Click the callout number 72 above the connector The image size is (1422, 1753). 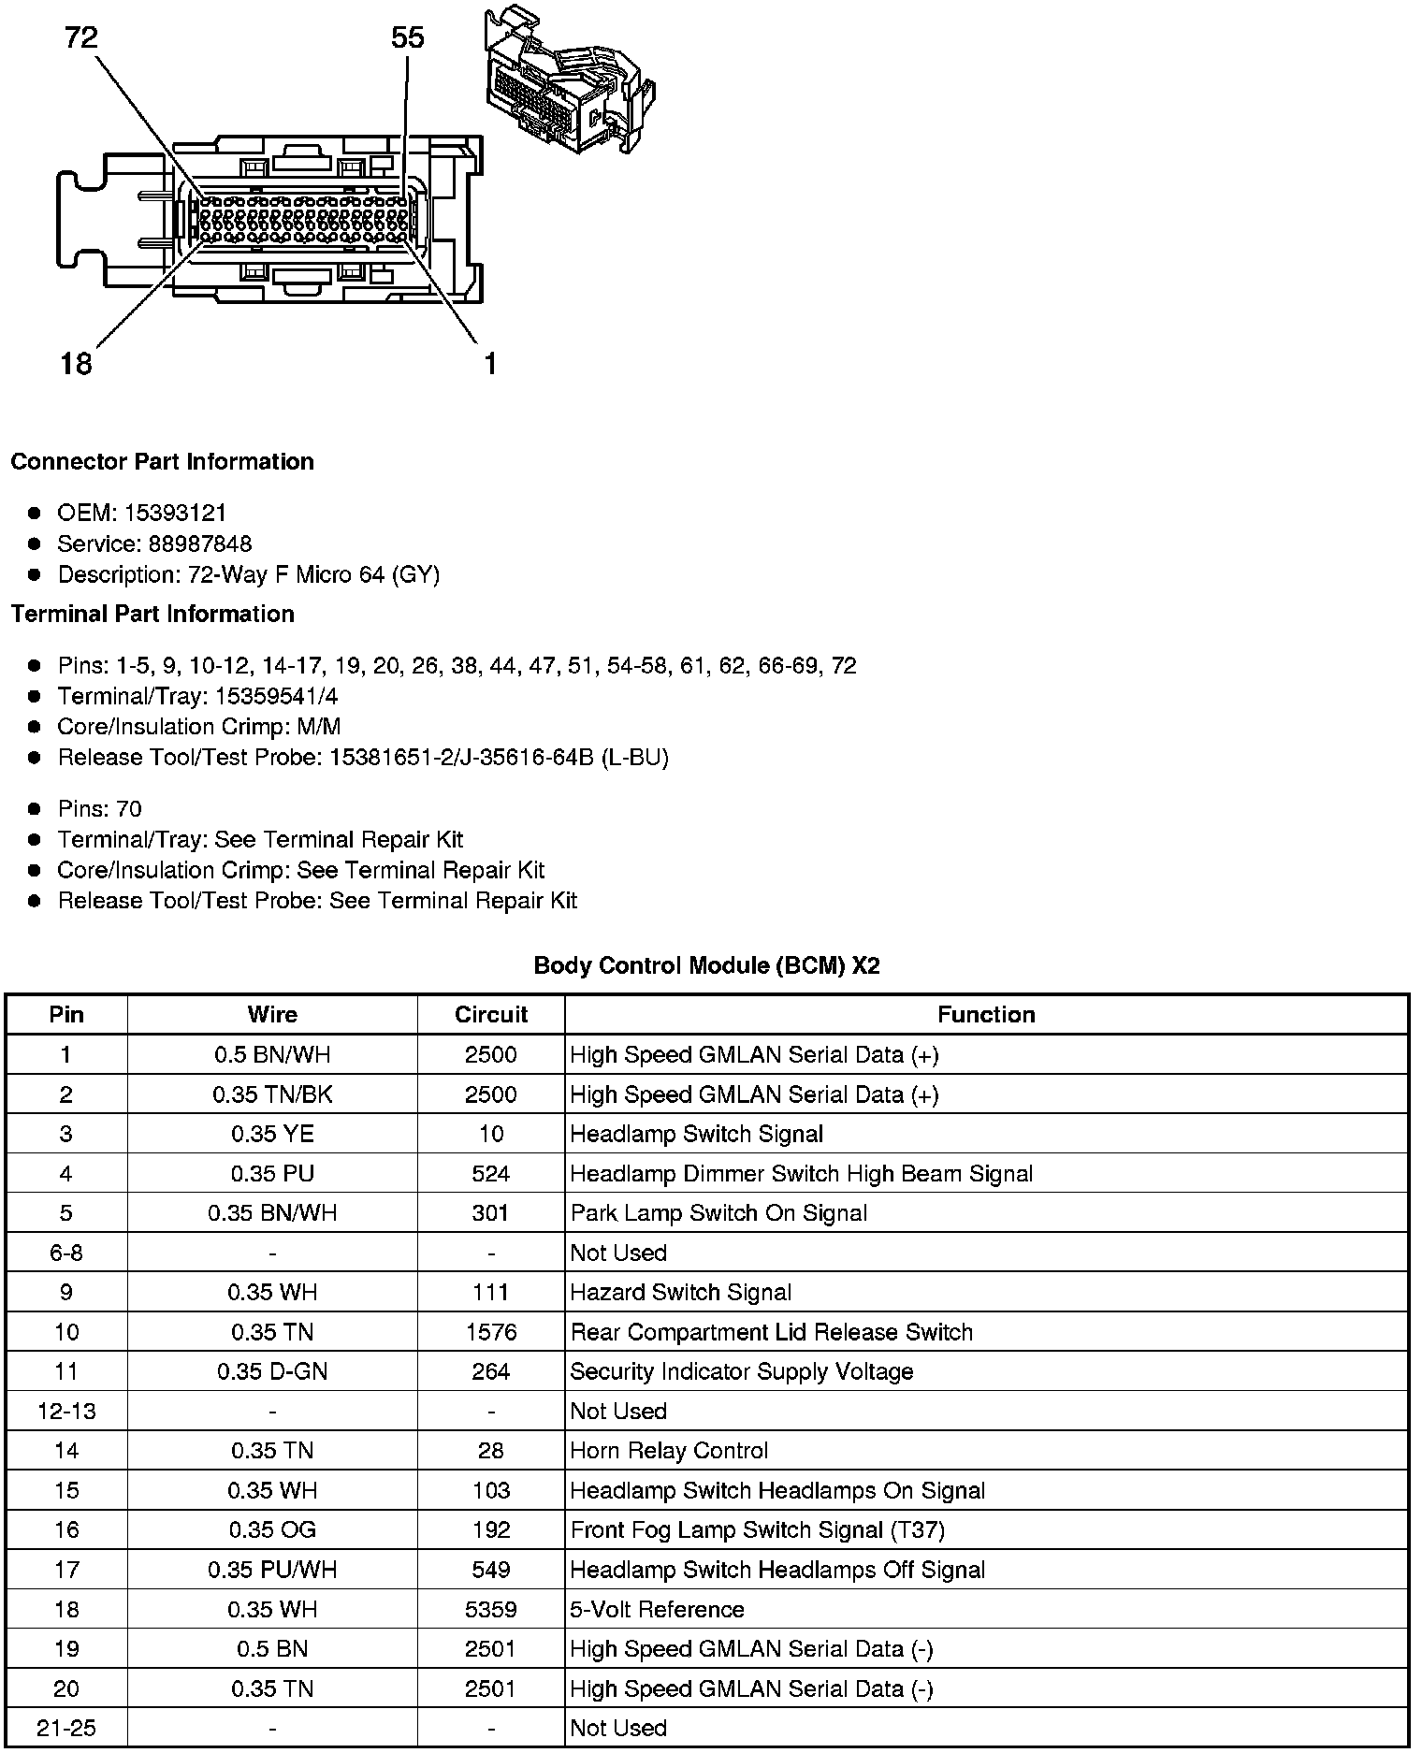(x=81, y=37)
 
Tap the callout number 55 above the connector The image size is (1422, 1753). (x=407, y=37)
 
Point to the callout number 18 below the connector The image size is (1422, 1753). (x=76, y=363)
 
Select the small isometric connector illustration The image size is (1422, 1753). (x=568, y=82)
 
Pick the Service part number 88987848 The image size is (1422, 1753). (x=199, y=543)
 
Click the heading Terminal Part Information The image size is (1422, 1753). (x=152, y=614)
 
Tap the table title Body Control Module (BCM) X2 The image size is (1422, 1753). (x=706, y=965)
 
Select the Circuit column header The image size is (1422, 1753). (x=491, y=1014)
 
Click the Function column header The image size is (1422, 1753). (x=986, y=1014)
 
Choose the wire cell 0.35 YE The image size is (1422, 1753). (x=272, y=1134)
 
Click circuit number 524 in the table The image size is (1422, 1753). (x=491, y=1173)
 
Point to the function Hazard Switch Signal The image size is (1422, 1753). (x=681, y=1292)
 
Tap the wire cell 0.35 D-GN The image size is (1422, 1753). (x=272, y=1371)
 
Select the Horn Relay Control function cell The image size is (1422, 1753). (x=669, y=1450)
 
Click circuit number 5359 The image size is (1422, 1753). (x=491, y=1609)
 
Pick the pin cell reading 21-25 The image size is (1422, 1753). (x=66, y=1728)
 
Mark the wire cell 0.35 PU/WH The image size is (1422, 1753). (x=272, y=1570)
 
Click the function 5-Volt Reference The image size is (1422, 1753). (x=657, y=1609)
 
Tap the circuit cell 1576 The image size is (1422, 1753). (x=491, y=1332)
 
